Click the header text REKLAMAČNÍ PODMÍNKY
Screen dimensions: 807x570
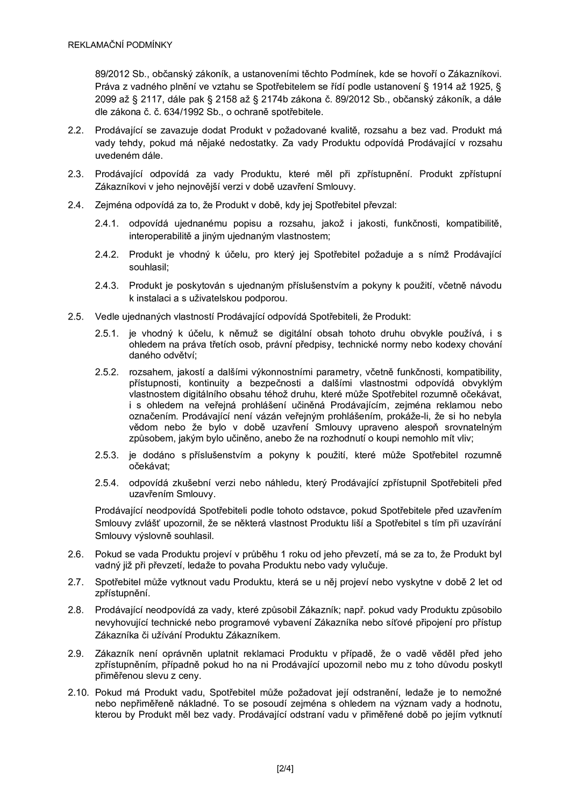coord(120,45)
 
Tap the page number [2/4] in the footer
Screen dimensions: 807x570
coord(285,768)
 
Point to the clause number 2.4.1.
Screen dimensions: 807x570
coord(106,223)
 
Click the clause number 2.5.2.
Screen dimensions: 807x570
coord(106,372)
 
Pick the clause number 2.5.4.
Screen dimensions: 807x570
coord(106,483)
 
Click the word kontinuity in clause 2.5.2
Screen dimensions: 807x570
coord(205,383)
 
